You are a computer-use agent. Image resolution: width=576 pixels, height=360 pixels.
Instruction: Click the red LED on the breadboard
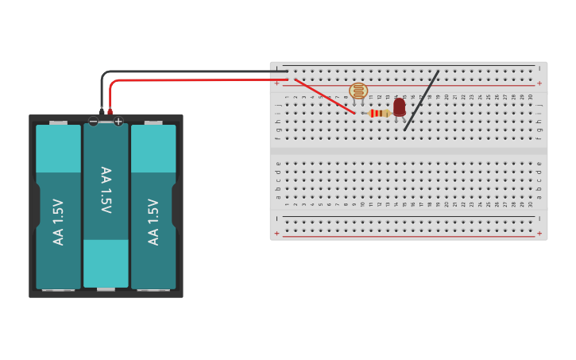(x=399, y=106)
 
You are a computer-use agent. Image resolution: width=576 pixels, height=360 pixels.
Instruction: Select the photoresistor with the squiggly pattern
(x=358, y=91)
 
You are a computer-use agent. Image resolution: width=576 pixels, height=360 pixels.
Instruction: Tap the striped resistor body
(x=379, y=114)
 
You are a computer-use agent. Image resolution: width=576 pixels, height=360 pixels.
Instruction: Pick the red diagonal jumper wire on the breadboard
(x=324, y=95)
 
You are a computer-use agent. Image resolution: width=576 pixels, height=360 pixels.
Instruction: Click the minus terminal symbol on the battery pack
(x=94, y=122)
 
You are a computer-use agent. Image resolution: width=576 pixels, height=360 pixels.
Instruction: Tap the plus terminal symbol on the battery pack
(x=118, y=122)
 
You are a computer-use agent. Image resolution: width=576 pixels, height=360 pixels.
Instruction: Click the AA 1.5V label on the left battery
(x=58, y=222)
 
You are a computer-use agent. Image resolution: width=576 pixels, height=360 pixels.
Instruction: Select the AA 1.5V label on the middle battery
(x=106, y=190)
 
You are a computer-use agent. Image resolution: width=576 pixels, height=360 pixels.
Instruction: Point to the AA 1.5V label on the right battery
(x=153, y=222)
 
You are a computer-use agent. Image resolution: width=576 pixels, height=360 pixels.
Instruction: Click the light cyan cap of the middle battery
(x=106, y=263)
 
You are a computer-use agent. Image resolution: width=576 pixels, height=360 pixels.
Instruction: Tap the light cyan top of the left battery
(x=58, y=149)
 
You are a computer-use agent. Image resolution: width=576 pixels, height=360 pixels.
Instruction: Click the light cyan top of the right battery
(x=153, y=149)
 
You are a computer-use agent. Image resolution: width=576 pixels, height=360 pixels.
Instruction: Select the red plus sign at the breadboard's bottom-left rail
(x=276, y=234)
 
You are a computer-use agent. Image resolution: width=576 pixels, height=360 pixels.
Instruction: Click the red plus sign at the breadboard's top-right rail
(x=539, y=83)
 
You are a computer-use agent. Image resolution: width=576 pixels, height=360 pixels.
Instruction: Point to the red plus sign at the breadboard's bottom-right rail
(x=539, y=234)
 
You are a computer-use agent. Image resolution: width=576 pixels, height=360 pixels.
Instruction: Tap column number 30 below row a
(x=531, y=204)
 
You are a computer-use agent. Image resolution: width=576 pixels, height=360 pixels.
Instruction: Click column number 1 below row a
(x=287, y=204)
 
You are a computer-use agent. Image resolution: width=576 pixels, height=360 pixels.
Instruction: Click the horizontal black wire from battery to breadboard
(x=191, y=72)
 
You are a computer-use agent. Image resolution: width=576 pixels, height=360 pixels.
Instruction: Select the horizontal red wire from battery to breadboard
(x=191, y=80)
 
